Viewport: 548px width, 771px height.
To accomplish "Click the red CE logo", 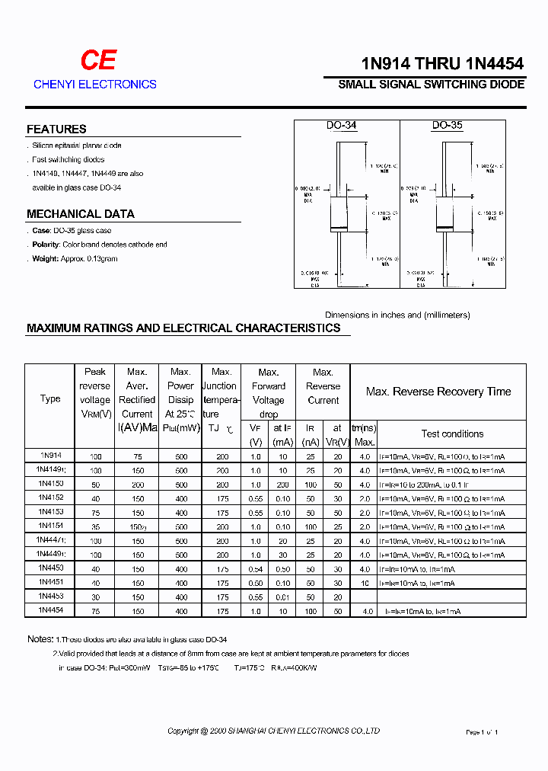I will (98, 61).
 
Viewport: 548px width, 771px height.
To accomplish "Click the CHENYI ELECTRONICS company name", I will (95, 85).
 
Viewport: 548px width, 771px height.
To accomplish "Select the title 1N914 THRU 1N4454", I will (432, 64).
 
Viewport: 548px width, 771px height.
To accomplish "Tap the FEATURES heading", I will (56, 130).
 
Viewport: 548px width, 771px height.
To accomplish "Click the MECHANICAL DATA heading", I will (81, 214).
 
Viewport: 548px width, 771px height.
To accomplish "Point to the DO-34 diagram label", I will (342, 126).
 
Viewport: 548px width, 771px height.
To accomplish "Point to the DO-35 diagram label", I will (447, 126).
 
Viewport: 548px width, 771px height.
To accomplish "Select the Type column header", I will (50, 398).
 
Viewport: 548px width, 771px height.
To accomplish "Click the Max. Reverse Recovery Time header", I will (438, 392).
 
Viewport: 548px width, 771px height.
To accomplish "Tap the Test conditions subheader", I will (452, 433).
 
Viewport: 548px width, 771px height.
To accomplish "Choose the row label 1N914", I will (50, 455).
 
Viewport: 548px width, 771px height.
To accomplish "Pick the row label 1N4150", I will (50, 484).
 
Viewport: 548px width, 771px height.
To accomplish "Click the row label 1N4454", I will (50, 611).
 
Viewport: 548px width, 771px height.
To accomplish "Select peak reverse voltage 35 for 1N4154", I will (95, 526).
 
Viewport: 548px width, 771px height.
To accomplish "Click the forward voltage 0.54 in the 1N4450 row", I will (256, 569).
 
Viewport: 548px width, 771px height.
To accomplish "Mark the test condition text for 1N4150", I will (425, 485).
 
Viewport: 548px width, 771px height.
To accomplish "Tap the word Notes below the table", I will (40, 639).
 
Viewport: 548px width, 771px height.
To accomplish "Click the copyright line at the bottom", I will (273, 731).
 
